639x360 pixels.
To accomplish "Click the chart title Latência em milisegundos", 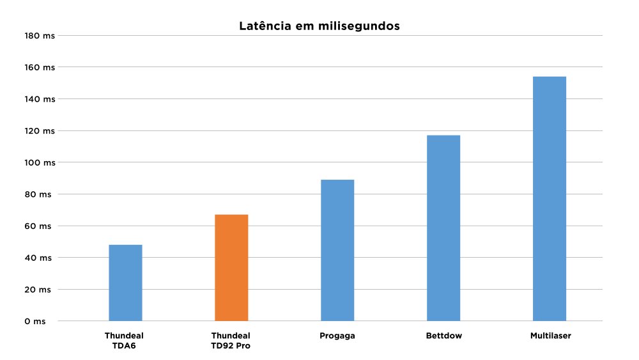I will click(319, 26).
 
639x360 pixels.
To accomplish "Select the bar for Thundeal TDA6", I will click(125, 283).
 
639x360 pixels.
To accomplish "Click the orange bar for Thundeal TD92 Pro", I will click(231, 267).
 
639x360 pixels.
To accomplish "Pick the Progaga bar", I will click(337, 250).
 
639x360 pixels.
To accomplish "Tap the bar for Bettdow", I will click(443, 228).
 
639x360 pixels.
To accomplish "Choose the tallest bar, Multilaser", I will click(550, 198).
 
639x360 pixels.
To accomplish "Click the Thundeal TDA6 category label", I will click(125, 340).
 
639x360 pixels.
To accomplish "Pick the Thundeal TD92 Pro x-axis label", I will click(231, 340).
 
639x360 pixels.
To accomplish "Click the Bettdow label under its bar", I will click(443, 335).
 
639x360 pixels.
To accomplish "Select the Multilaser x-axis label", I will click(550, 335).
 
